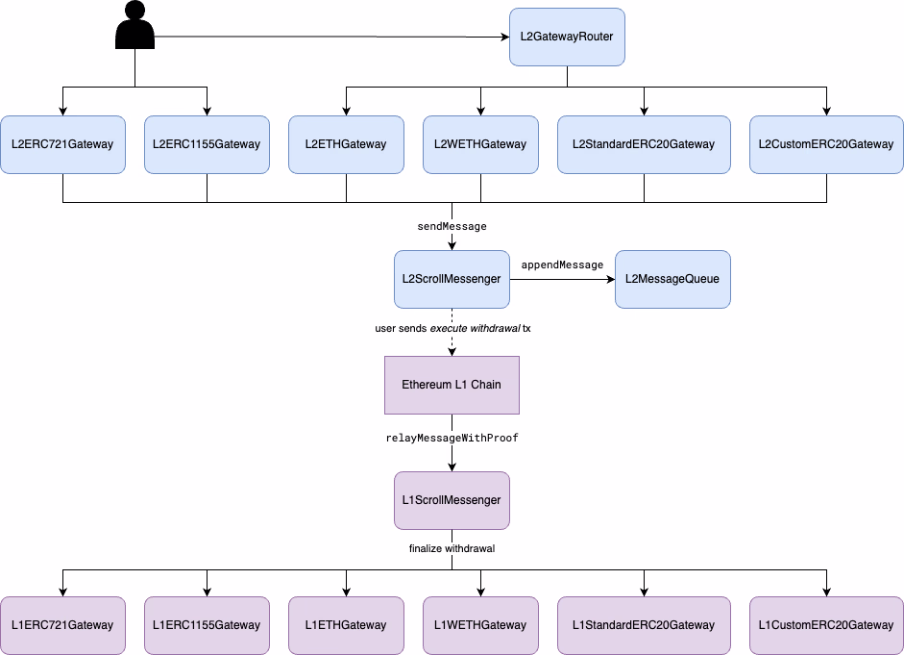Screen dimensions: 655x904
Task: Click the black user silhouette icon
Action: pyautogui.click(x=134, y=26)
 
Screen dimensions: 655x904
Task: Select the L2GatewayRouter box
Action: pyautogui.click(x=567, y=38)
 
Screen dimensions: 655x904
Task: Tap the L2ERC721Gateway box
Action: pyautogui.click(x=62, y=144)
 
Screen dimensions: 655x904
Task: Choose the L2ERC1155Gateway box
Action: pyautogui.click(x=207, y=144)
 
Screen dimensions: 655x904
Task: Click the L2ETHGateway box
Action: pyautogui.click(x=346, y=144)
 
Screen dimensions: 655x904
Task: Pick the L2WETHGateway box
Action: pyautogui.click(x=480, y=144)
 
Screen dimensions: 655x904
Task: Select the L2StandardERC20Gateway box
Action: pyautogui.click(x=644, y=144)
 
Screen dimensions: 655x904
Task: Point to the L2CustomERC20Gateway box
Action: pyautogui.click(x=826, y=144)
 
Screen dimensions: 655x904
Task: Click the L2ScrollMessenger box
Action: pyautogui.click(x=452, y=279)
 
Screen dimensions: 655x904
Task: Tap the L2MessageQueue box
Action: pyautogui.click(x=672, y=279)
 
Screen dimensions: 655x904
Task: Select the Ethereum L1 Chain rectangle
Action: pyautogui.click(x=452, y=385)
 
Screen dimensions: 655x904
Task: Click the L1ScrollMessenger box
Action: pyautogui.click(x=452, y=500)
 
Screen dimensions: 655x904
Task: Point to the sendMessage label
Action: pyautogui.click(x=452, y=227)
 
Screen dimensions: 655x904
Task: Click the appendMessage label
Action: pyautogui.click(x=562, y=265)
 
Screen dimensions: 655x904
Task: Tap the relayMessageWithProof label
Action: pyautogui.click(x=452, y=438)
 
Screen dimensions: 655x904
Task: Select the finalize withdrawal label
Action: pyautogui.click(x=452, y=549)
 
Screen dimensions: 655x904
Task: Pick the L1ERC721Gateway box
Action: pyautogui.click(x=62, y=625)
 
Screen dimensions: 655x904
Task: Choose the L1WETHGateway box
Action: pyautogui.click(x=480, y=625)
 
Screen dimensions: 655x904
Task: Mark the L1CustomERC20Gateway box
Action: pyautogui.click(x=826, y=625)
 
